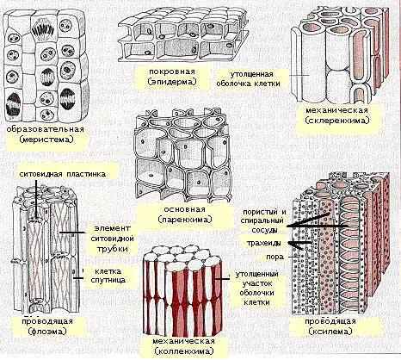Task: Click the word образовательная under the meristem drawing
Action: (x=46, y=129)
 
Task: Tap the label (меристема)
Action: (x=46, y=140)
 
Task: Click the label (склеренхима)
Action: (x=337, y=121)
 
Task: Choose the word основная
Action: (x=184, y=209)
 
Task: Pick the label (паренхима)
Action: (x=185, y=220)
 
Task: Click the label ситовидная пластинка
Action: (x=63, y=174)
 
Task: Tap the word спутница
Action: (x=108, y=280)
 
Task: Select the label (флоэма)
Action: (x=47, y=332)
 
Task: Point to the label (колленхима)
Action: (x=184, y=351)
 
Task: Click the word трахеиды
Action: (x=264, y=244)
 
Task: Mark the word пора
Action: (x=275, y=257)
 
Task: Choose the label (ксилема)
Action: (x=330, y=332)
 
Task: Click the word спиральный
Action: (x=262, y=221)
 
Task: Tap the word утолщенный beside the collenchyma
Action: (x=256, y=275)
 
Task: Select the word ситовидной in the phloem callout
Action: (x=113, y=239)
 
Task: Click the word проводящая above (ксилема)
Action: (x=330, y=321)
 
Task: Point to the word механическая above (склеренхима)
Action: (x=337, y=111)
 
